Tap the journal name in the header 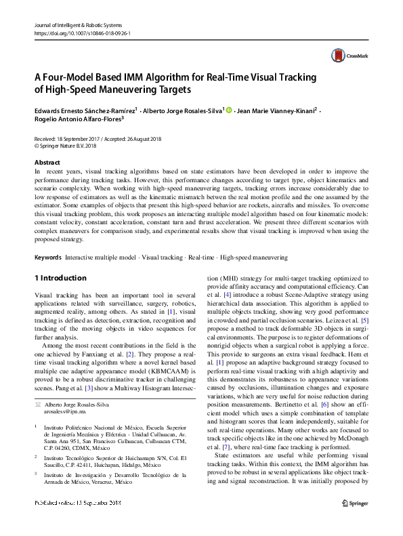tap(76, 24)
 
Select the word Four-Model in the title tap(67, 77)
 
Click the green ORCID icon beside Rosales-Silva tap(228, 110)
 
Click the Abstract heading tap(47, 163)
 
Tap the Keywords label tap(48, 258)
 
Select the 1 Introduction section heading tap(60, 278)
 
